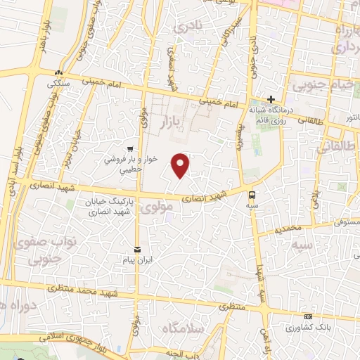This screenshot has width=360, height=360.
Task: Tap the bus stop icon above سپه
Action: [252, 194]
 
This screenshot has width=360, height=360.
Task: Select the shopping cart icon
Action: [130, 148]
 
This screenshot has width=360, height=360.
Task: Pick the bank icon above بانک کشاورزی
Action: [308, 317]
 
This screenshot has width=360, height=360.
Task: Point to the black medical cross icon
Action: [271, 99]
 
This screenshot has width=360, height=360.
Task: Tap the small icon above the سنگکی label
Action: [60, 72]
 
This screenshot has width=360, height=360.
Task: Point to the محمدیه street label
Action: [288, 229]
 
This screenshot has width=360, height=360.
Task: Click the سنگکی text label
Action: [58, 83]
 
